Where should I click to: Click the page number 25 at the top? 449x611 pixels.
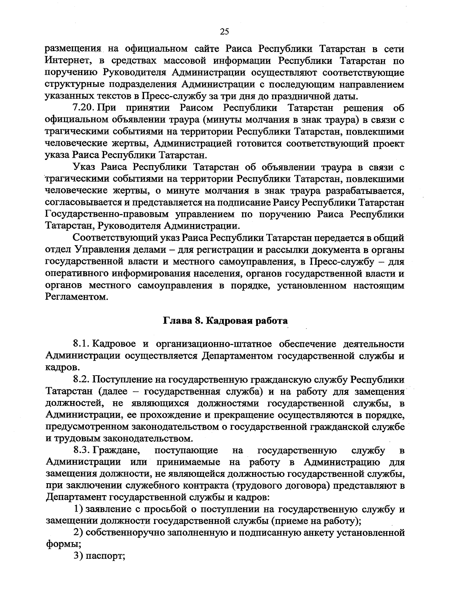224,32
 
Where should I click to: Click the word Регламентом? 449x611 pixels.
76,297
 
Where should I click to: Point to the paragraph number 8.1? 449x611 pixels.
81,344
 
